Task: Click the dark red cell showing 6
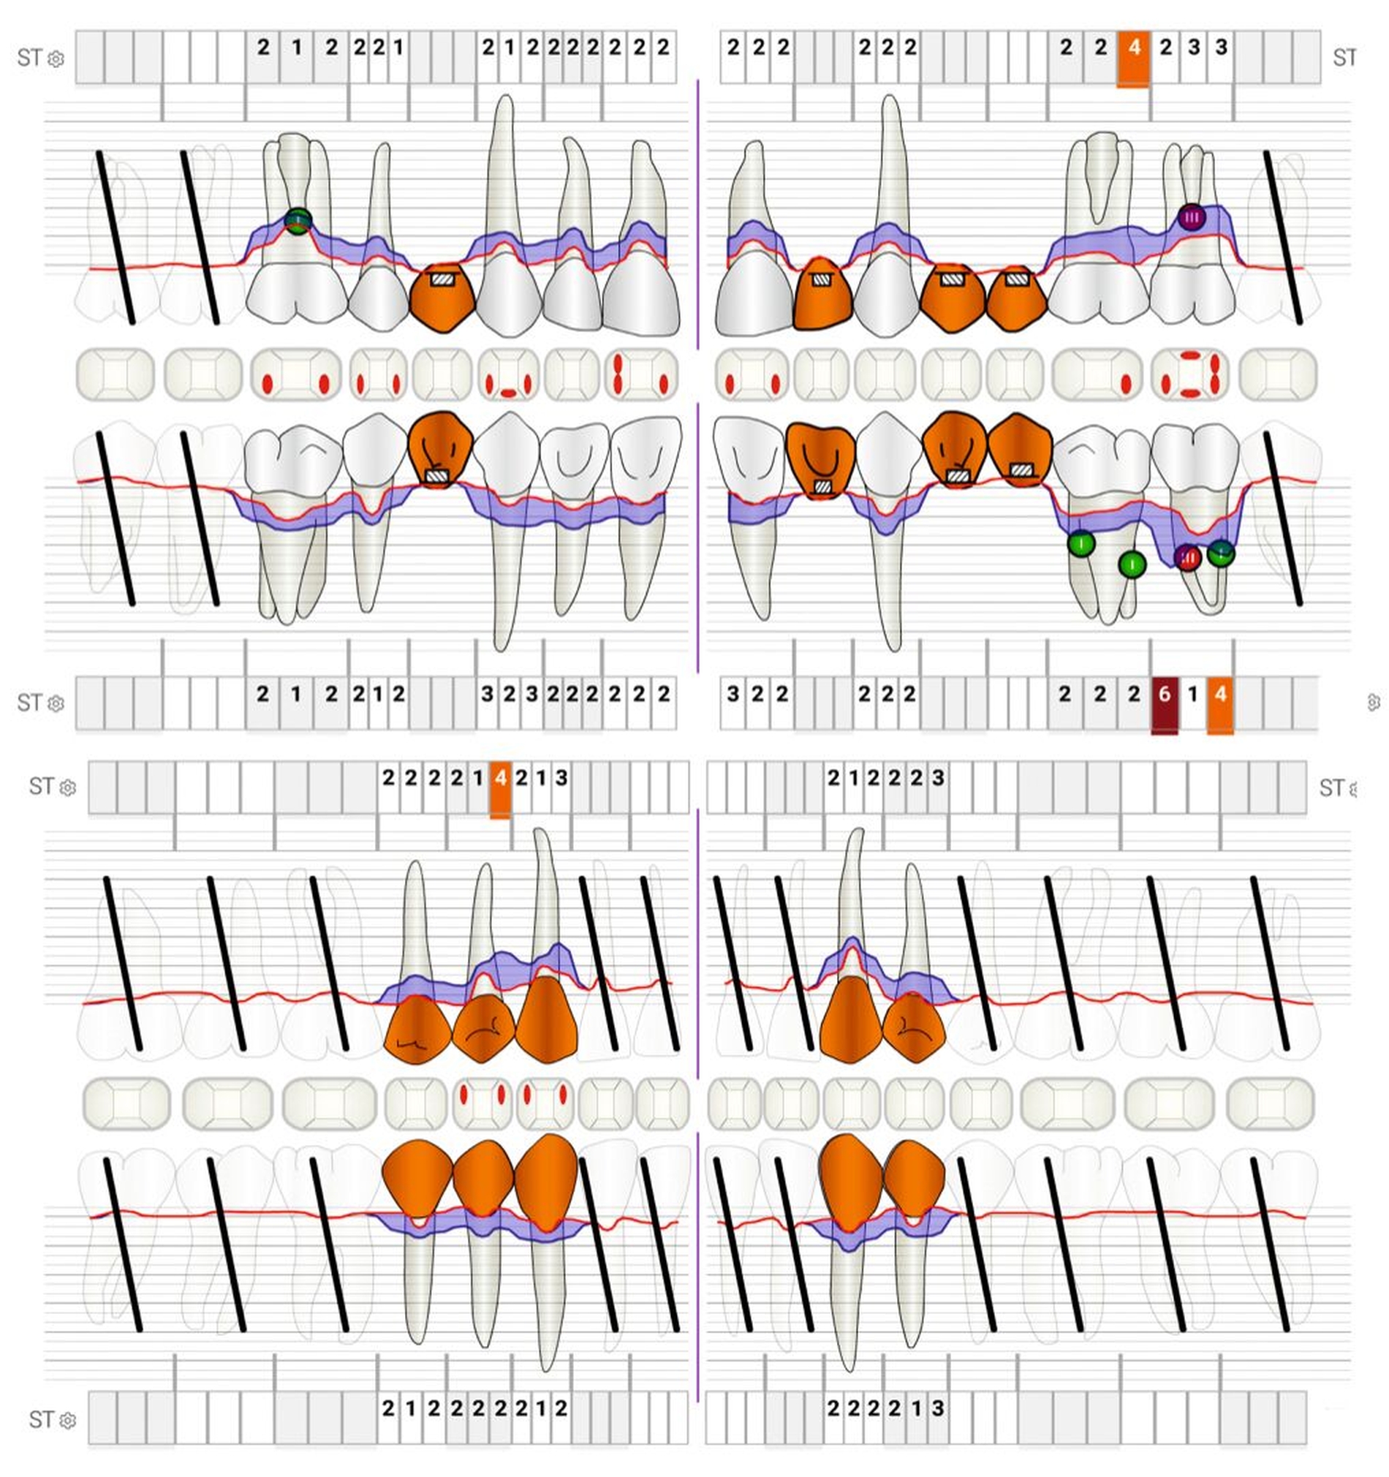(1163, 694)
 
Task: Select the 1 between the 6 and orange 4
(1192, 694)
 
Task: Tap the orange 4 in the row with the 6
(1219, 694)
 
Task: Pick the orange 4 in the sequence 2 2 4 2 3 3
(1133, 48)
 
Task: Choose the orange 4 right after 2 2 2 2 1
(500, 778)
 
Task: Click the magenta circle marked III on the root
(1191, 217)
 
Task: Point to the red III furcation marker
(1187, 557)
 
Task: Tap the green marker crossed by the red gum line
(298, 221)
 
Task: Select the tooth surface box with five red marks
(1190, 374)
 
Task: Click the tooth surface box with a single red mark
(1098, 374)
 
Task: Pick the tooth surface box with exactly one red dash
(508, 374)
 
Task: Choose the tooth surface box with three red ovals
(640, 374)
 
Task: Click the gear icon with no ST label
(1373, 702)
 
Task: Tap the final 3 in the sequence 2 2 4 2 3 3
(1220, 48)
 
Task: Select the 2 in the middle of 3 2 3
(509, 694)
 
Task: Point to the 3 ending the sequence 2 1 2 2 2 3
(938, 778)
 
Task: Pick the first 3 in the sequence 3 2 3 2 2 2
(487, 694)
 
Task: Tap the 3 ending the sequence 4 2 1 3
(561, 778)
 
